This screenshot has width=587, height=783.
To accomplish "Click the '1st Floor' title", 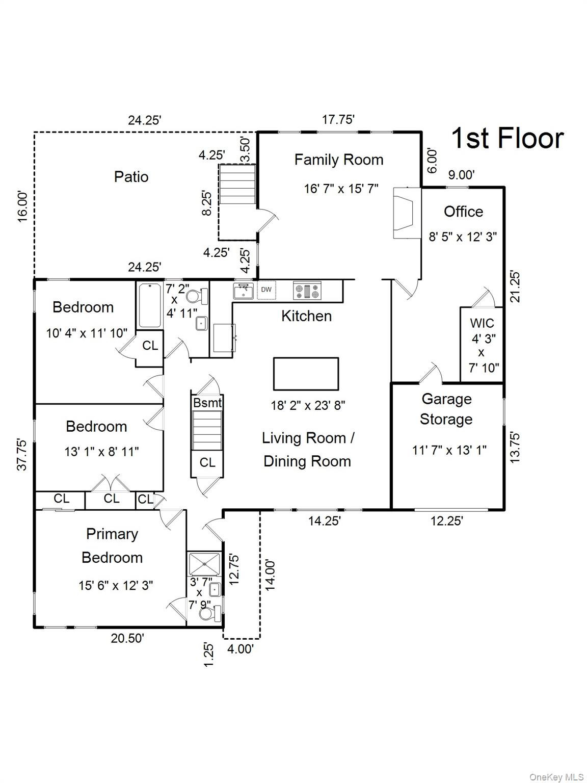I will coord(508,139).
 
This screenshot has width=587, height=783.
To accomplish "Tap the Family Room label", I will coord(339,160).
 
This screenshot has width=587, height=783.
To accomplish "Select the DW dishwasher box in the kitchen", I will coord(266,290).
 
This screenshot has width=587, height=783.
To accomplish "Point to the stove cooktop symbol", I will coord(307,291).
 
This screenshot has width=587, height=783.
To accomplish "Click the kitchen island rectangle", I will coord(306,374).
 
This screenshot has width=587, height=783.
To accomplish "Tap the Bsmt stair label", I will coord(207,403).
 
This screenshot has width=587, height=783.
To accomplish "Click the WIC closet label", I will coord(482,323).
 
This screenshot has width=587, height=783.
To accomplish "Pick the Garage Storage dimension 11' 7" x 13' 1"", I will coord(449,450).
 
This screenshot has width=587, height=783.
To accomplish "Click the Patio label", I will coord(131,177).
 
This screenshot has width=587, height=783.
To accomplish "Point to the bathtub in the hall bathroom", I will coord(150,305).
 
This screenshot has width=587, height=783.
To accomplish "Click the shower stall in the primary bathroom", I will coord(204,564).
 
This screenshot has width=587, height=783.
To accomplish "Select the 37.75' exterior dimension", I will coord(22,454).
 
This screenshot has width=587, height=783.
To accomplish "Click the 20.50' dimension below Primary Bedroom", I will coord(127,638).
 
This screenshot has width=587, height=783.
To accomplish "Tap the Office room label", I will coord(463,212).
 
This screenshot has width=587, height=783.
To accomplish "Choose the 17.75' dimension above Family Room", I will coord(338,119).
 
